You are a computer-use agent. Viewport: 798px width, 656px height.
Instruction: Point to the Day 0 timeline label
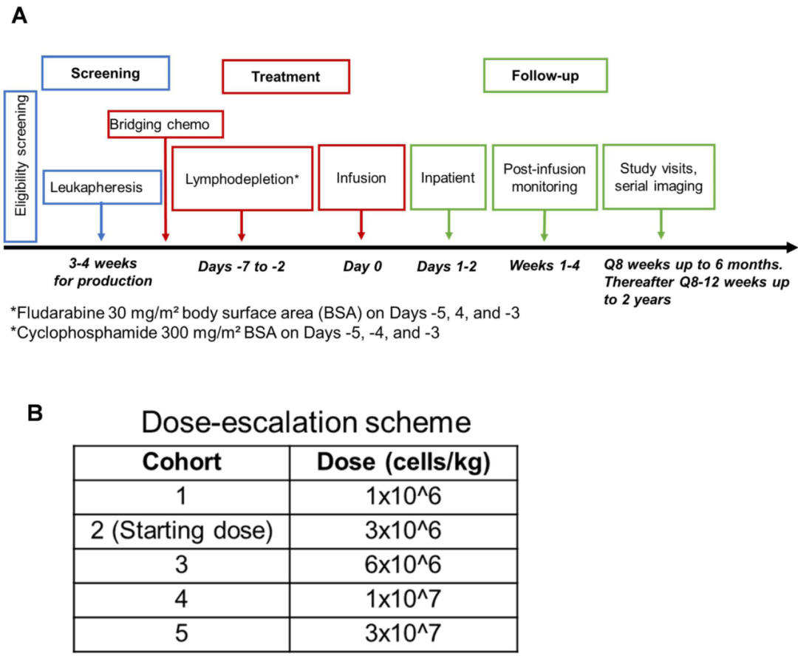(x=362, y=266)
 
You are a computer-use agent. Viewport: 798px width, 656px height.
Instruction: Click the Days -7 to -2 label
(x=241, y=266)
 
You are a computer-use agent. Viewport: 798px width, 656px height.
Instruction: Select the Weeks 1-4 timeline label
(x=545, y=265)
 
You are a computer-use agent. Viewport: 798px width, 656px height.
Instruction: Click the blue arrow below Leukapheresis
(x=101, y=222)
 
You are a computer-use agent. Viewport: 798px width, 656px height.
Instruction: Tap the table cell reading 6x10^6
(x=403, y=565)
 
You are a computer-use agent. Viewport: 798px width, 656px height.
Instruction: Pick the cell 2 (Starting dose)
(x=182, y=531)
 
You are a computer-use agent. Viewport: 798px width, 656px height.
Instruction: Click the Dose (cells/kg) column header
(x=403, y=462)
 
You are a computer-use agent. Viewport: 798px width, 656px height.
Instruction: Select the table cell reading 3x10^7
(x=403, y=634)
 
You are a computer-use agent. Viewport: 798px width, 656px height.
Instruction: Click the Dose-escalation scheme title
(x=306, y=422)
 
